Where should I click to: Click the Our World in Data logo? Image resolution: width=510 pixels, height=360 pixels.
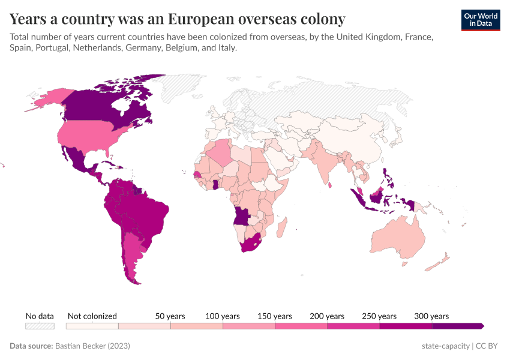click(x=480, y=20)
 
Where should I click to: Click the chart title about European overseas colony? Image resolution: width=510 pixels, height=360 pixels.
click(x=177, y=19)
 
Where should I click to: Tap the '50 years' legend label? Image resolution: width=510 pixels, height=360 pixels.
click(x=170, y=316)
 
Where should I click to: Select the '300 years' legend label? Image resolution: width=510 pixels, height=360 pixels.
click(x=431, y=316)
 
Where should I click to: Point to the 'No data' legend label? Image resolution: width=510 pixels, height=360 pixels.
click(x=40, y=316)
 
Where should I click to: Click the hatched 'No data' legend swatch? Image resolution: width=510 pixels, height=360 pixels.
click(x=40, y=326)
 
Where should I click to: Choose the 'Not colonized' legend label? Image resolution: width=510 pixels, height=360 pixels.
click(x=92, y=316)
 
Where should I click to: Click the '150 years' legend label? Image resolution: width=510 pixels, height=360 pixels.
click(x=275, y=316)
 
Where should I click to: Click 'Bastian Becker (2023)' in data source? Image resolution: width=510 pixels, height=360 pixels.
click(x=92, y=346)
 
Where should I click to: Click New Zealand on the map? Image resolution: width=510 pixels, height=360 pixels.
click(x=442, y=259)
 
